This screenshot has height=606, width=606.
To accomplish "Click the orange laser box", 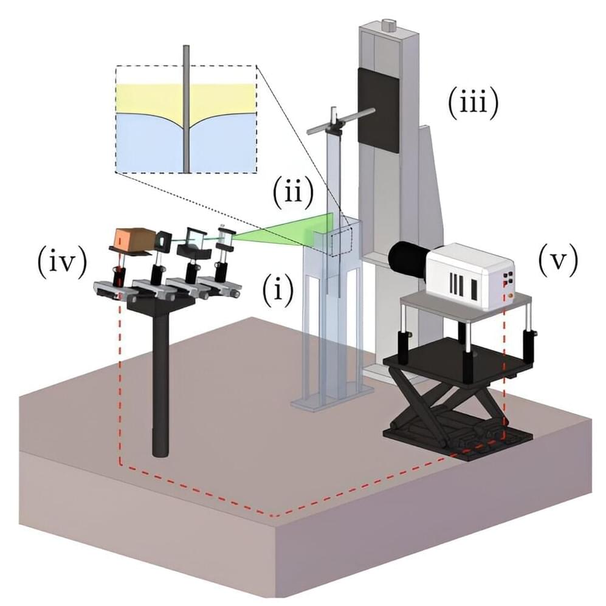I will [132, 239].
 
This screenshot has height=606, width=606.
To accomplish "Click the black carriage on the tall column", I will [379, 109].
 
